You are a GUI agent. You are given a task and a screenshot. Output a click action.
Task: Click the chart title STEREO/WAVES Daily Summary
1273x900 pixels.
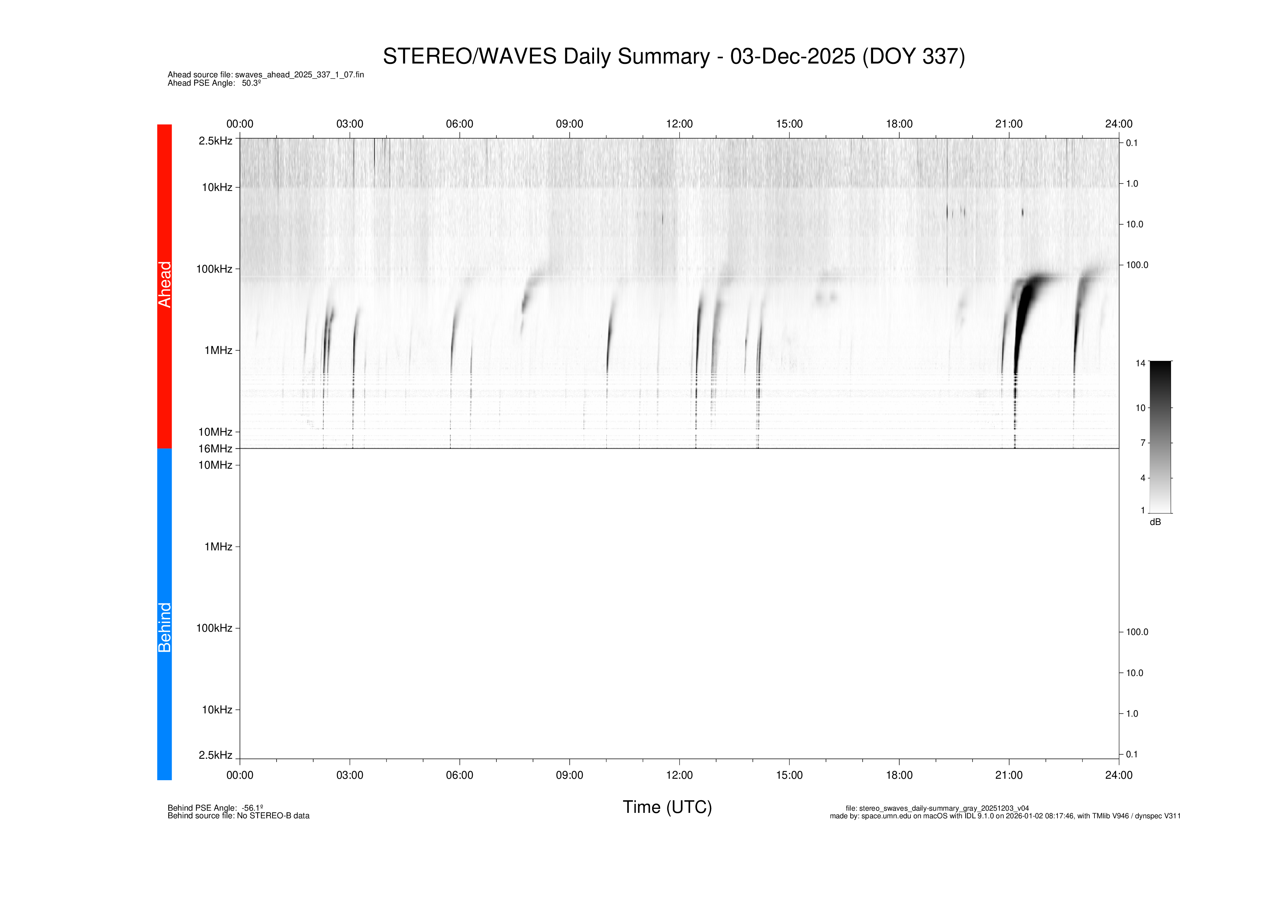point(674,57)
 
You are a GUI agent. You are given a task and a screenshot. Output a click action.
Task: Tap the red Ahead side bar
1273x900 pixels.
point(165,286)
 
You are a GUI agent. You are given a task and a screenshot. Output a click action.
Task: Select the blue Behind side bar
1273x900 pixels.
point(165,614)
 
